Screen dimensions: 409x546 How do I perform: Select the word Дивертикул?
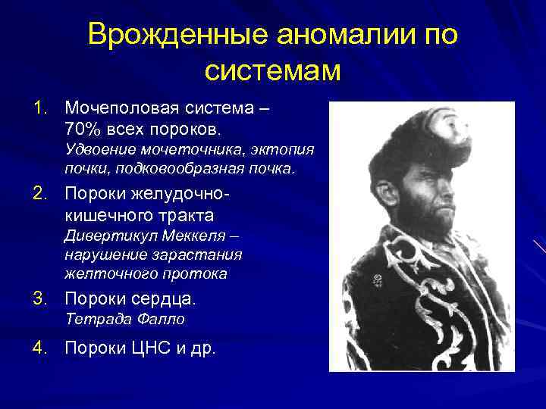pyautogui.click(x=102, y=235)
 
